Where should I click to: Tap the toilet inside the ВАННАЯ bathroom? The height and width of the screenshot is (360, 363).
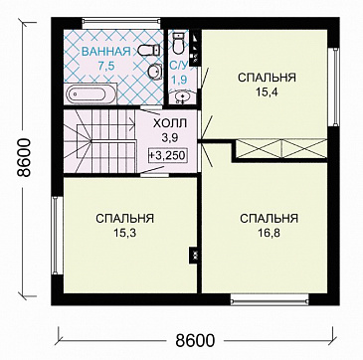click(145, 51)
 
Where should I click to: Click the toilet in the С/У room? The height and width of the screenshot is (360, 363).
click(179, 42)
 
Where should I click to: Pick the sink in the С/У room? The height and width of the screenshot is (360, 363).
click(182, 96)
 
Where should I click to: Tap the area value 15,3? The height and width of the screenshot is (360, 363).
click(124, 232)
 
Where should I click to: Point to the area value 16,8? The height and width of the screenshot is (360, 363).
click(269, 232)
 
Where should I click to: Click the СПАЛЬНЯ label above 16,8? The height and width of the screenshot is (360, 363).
click(269, 217)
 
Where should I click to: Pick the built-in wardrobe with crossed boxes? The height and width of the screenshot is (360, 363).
click(282, 149)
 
